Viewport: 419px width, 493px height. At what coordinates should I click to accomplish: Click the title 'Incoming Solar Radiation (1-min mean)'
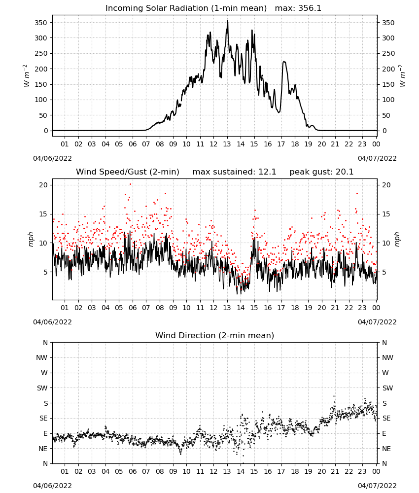click(x=186, y=8)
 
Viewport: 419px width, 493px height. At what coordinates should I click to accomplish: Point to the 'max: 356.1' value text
click(x=298, y=8)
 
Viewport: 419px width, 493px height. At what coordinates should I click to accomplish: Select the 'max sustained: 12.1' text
click(x=234, y=172)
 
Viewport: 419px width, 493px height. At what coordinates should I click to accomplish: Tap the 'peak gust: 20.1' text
click(x=321, y=172)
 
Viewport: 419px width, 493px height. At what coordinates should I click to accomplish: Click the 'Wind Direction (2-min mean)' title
click(x=215, y=335)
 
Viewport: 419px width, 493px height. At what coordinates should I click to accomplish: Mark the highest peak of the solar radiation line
click(x=228, y=20)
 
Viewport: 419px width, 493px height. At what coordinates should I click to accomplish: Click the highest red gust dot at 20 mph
click(x=131, y=184)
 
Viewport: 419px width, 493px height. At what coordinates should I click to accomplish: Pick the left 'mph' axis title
click(x=31, y=239)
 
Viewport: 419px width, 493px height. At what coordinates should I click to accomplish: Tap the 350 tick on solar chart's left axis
click(x=41, y=23)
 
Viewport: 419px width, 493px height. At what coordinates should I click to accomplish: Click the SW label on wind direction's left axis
click(x=42, y=388)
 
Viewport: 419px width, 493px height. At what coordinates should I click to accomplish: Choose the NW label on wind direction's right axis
click(x=387, y=357)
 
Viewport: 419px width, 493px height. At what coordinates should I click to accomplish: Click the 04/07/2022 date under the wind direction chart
click(x=377, y=486)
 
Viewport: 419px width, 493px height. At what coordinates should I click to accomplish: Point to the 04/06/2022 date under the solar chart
click(x=52, y=158)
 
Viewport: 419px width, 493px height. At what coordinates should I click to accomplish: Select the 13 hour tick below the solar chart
click(x=227, y=144)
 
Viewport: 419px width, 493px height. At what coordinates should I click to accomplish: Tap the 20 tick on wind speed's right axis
click(x=386, y=185)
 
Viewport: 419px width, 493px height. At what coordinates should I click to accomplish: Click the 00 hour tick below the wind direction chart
click(x=376, y=471)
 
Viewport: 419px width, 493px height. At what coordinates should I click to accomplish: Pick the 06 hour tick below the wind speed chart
click(x=133, y=308)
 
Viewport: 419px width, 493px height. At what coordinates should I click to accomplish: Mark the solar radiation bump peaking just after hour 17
click(x=284, y=62)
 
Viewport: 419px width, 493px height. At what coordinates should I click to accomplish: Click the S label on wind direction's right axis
click(x=384, y=403)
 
